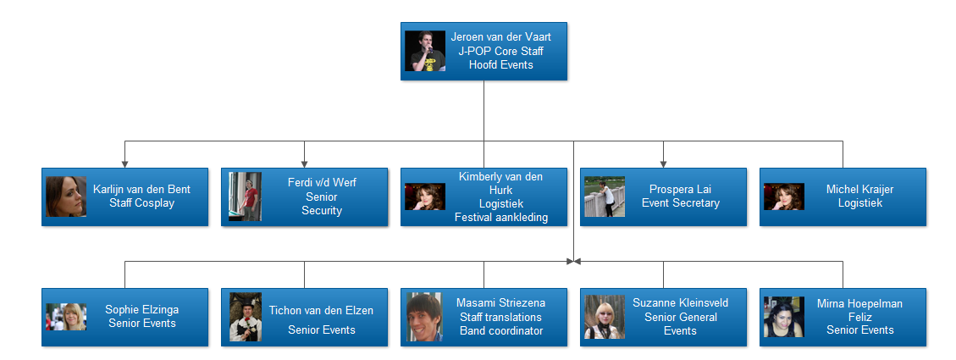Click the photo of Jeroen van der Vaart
click(x=424, y=51)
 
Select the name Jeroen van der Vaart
click(x=500, y=38)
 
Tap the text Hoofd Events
click(x=500, y=64)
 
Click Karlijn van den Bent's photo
click(x=65, y=197)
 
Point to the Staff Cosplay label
click(x=141, y=203)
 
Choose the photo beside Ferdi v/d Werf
click(x=243, y=197)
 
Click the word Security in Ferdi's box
click(x=322, y=210)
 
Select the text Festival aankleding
click(x=500, y=217)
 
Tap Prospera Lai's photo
click(x=604, y=197)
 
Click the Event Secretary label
click(x=680, y=203)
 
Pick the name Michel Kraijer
click(x=859, y=190)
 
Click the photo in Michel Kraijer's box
click(x=783, y=197)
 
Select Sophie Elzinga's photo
click(x=65, y=317)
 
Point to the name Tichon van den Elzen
click(x=321, y=310)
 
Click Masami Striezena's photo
click(x=423, y=317)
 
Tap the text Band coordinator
click(x=500, y=330)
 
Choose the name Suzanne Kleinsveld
click(x=680, y=303)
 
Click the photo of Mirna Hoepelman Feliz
click(x=783, y=317)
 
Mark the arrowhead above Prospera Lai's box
click(x=663, y=163)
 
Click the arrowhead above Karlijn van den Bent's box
click(x=124, y=163)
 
